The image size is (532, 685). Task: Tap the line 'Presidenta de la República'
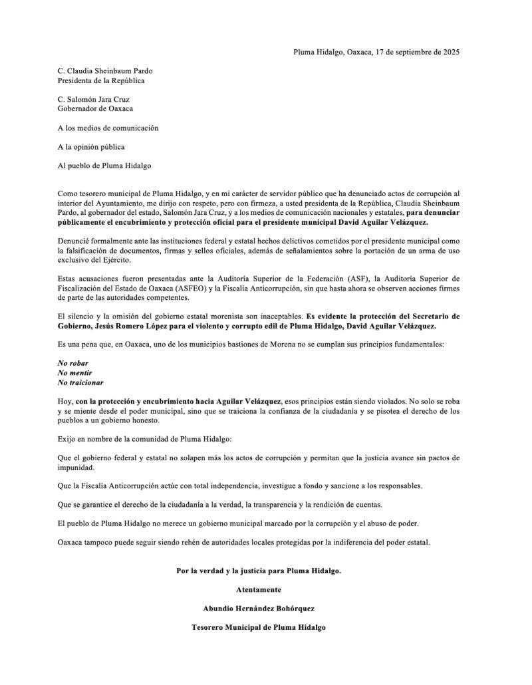click(101, 80)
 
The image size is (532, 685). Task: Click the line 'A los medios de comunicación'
click(108, 128)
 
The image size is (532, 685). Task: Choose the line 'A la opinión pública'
click(91, 147)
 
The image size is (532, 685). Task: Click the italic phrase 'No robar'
click(73, 364)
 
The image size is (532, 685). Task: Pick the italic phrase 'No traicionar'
click(80, 382)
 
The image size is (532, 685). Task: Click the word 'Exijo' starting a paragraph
click(68, 440)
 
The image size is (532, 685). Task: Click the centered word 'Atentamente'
click(259, 590)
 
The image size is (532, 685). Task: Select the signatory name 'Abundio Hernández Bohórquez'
click(259, 609)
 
